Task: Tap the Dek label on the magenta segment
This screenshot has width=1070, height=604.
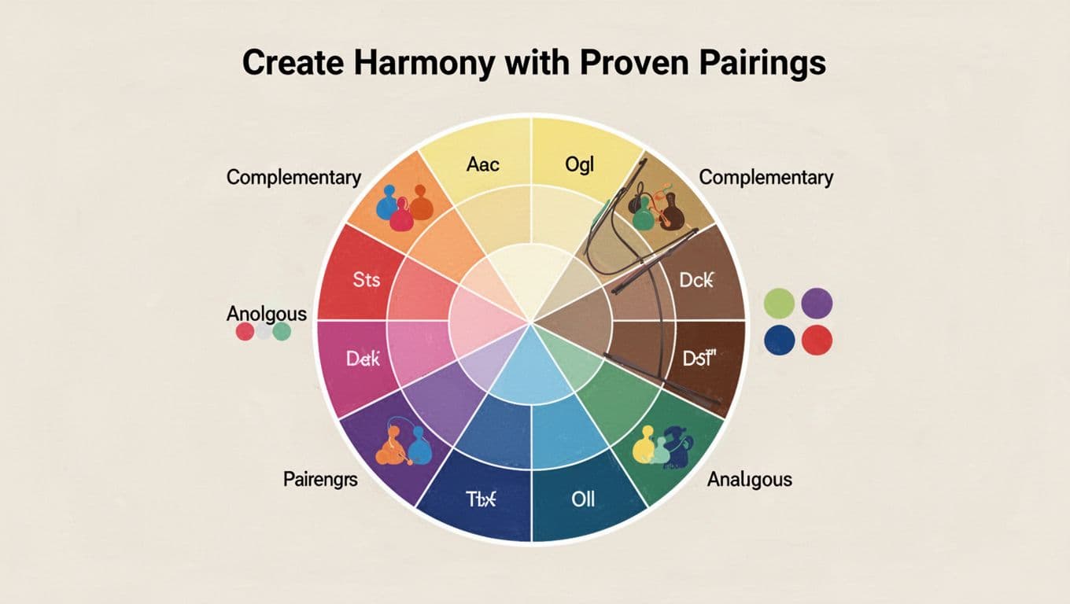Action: coord(363,359)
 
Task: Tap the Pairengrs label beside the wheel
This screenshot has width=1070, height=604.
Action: coord(320,478)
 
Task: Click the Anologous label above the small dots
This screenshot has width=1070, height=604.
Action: coord(266,314)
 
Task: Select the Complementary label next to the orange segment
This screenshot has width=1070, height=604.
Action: coord(293,177)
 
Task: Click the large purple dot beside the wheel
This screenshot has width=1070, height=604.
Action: coord(817,303)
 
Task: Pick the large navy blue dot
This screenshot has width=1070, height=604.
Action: coord(780,340)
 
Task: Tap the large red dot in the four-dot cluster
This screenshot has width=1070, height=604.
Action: coord(817,340)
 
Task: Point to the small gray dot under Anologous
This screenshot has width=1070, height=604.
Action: coord(263,332)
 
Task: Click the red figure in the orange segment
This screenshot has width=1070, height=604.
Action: coord(401,215)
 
